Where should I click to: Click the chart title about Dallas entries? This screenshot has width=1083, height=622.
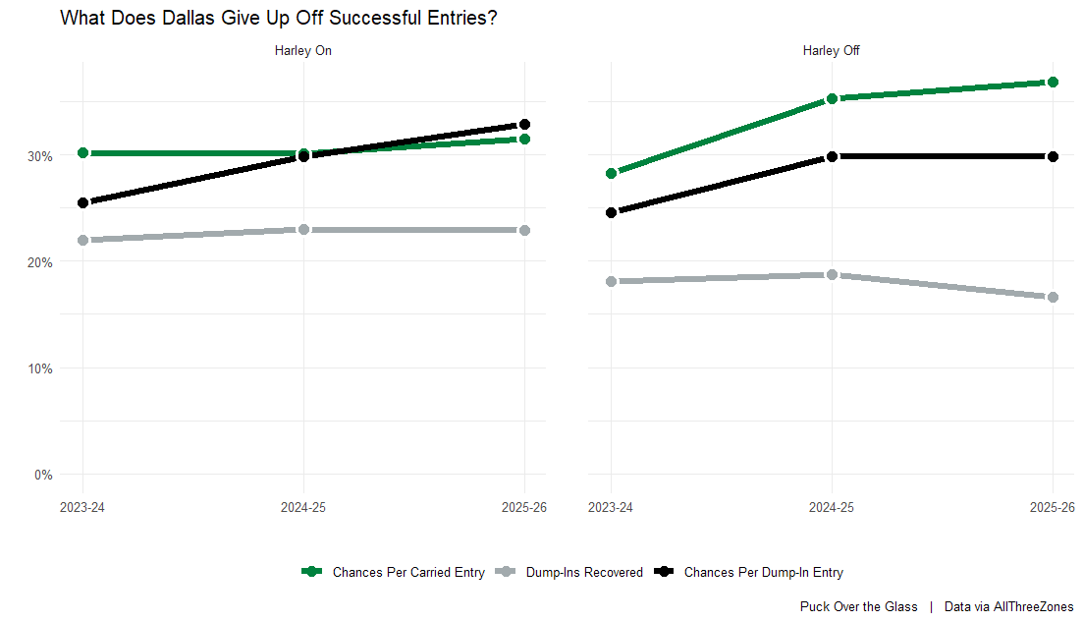click(278, 18)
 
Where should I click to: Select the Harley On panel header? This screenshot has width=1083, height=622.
click(303, 51)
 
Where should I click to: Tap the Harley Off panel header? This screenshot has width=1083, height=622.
click(831, 51)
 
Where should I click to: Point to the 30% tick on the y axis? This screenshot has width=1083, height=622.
click(40, 155)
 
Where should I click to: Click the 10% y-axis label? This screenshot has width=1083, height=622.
click(40, 368)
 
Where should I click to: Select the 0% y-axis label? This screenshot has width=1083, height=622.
click(43, 475)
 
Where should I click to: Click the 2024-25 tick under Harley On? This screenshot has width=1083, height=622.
click(303, 508)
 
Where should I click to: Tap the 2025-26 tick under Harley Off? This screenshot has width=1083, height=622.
click(1052, 508)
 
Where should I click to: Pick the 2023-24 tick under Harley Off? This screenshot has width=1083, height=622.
click(612, 508)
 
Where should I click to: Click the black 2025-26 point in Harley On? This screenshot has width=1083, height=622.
click(524, 124)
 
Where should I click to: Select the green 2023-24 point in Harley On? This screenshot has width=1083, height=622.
click(83, 153)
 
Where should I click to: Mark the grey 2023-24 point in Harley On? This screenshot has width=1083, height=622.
click(83, 240)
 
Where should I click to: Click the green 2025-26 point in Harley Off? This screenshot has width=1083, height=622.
click(1053, 83)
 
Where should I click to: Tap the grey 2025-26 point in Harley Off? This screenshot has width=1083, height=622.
click(1053, 297)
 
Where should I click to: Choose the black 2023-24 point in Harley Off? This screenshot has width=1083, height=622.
click(612, 212)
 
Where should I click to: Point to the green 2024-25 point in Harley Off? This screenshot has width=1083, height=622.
click(832, 98)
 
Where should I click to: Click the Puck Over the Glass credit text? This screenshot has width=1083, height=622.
click(858, 607)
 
